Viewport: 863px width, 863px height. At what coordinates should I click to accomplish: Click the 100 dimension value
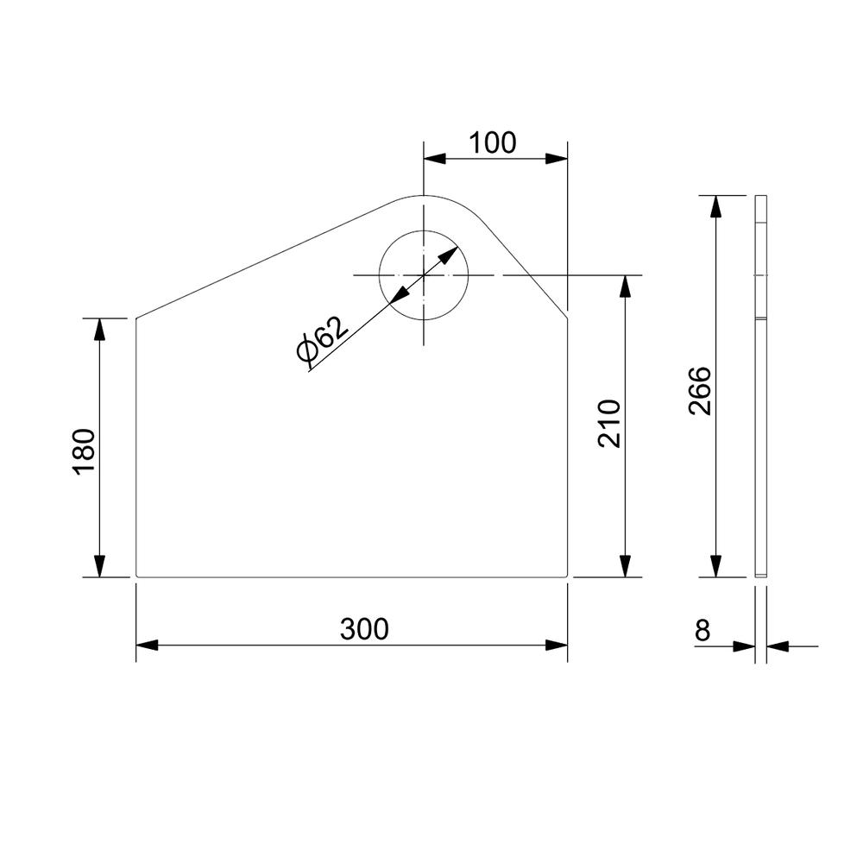click(493, 142)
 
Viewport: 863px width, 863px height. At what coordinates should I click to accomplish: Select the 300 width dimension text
click(364, 629)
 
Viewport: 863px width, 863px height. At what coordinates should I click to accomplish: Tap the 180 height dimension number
click(85, 451)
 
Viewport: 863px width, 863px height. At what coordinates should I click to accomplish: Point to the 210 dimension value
click(609, 424)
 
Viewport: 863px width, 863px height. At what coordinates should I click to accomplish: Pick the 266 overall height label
click(700, 390)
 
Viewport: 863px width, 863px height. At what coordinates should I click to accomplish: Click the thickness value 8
click(702, 631)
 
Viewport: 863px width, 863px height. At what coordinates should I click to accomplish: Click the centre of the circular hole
click(423, 274)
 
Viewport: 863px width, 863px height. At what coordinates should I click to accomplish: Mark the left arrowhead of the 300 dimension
click(147, 645)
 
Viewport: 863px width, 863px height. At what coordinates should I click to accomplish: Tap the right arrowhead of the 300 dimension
click(557, 645)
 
